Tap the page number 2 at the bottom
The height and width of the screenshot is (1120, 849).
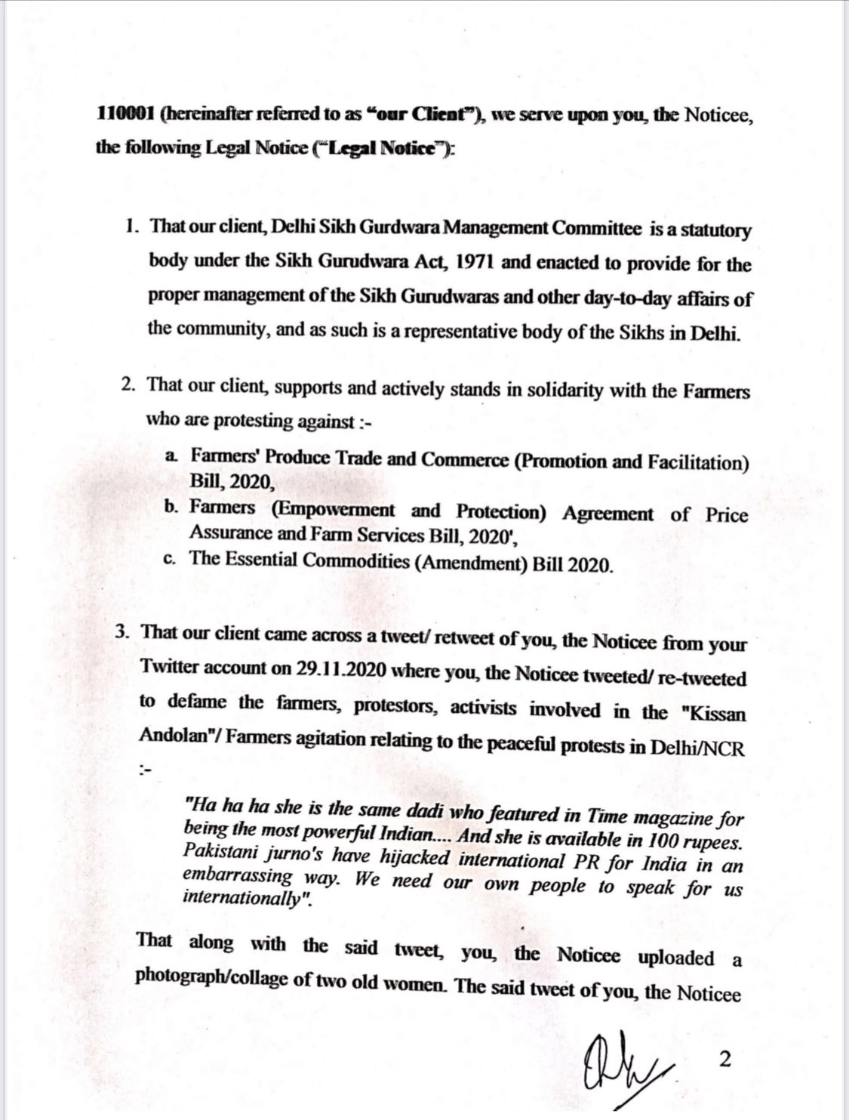[x=725, y=1059]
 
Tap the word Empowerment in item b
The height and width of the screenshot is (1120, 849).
[x=333, y=510]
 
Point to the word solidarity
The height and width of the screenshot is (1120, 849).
[x=543, y=390]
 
